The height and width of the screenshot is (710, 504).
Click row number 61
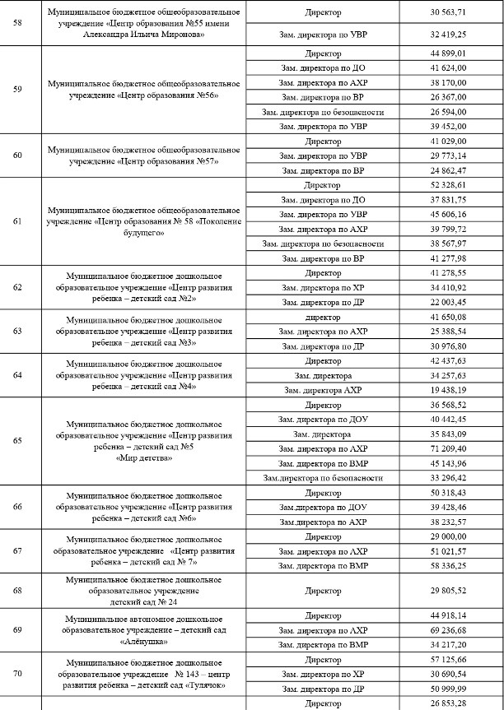[19, 221]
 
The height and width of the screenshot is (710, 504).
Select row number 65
[19, 441]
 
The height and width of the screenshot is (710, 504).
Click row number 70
[19, 674]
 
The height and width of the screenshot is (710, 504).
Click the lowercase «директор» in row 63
[322, 317]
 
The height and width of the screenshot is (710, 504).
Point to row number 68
[19, 590]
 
